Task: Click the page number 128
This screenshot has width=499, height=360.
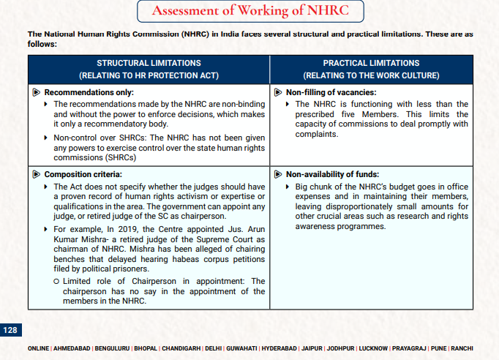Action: [x=10, y=330]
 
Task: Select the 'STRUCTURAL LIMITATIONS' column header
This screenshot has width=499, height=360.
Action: [x=149, y=64]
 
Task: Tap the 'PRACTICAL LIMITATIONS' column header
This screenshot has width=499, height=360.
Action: [x=371, y=64]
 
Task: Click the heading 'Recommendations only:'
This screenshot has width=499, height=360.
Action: [x=89, y=92]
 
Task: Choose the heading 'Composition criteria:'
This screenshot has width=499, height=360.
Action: [x=83, y=174]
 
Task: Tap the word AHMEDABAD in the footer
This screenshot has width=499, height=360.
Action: [x=72, y=348]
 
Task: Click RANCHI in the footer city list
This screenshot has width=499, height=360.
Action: [x=462, y=348]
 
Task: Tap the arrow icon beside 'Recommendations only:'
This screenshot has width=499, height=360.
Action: [x=37, y=92]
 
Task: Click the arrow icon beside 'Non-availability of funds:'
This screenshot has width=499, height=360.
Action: [x=278, y=174]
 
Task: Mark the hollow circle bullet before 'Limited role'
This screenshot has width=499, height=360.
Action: [x=57, y=281]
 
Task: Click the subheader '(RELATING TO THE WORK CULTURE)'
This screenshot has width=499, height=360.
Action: [x=371, y=75]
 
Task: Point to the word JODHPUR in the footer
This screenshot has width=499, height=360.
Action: [x=340, y=348]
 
